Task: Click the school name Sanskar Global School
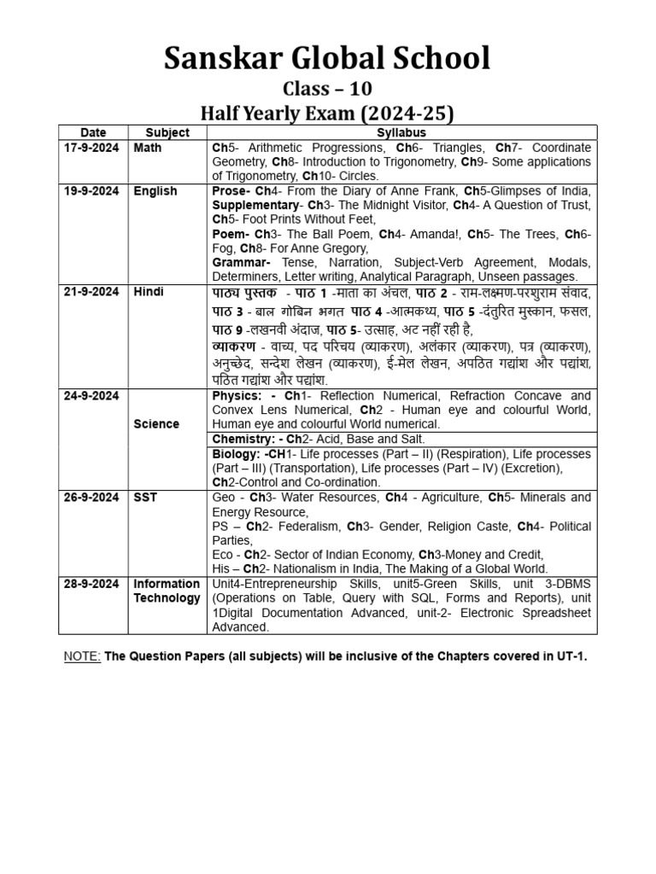327,59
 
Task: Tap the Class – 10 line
327,90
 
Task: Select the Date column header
93,133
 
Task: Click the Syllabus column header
401,133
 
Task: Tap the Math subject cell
147,148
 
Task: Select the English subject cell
155,191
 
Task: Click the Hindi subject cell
149,292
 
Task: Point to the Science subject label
156,424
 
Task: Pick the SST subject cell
146,497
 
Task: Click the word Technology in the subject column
167,598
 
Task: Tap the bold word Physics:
237,396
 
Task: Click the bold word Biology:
237,454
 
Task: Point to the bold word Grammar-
241,262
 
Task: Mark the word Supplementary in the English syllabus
254,205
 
